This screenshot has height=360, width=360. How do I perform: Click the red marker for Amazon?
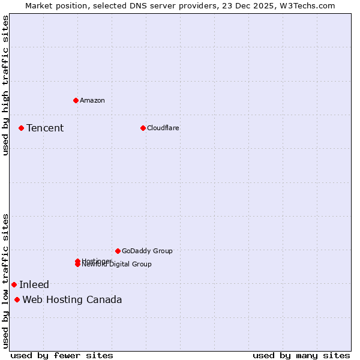point(76,100)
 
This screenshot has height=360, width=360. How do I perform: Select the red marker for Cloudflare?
point(143,128)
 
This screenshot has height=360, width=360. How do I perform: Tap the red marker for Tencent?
point(21,128)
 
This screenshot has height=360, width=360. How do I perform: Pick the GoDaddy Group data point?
point(118,251)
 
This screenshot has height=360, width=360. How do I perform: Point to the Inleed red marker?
point(14,284)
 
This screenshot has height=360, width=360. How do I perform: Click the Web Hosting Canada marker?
point(17,299)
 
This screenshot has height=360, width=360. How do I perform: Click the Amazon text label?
point(92,100)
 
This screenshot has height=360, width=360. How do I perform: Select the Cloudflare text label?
point(163,128)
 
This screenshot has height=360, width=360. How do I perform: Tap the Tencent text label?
point(45,128)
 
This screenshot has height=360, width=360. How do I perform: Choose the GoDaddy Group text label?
point(147,251)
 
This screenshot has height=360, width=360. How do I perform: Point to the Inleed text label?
point(34,284)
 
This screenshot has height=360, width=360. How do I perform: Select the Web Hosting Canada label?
point(72,299)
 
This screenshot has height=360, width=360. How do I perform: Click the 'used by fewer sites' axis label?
point(62,355)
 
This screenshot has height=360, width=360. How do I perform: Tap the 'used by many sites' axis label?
point(301,355)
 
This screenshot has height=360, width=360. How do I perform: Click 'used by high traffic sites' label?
point(5,85)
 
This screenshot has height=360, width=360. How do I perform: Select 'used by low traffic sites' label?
point(5,281)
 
